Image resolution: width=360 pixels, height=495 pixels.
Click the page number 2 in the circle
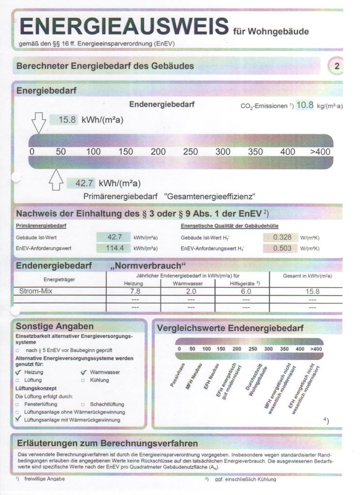tap(337, 66)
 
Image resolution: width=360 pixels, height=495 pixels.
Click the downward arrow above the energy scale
tap(39, 123)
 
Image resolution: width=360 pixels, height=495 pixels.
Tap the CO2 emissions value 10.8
tap(305, 105)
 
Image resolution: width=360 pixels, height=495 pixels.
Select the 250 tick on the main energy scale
tap(191, 152)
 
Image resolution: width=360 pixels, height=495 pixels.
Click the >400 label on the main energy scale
tap(320, 152)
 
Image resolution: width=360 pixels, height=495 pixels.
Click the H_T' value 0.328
tap(282, 237)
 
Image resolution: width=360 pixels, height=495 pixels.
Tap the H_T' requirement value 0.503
tap(282, 248)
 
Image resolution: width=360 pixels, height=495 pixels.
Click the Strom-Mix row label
tap(35, 291)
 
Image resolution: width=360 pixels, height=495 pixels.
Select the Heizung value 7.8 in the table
tap(135, 291)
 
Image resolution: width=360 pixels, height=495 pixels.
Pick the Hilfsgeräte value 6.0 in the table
tap(246, 291)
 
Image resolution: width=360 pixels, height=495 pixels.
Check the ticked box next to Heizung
tap(18, 372)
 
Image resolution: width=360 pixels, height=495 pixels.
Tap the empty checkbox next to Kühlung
tap(83, 380)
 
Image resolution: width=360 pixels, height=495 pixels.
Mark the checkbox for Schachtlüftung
tap(83, 404)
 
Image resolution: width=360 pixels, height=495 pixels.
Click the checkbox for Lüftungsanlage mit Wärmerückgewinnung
tap(18, 420)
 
